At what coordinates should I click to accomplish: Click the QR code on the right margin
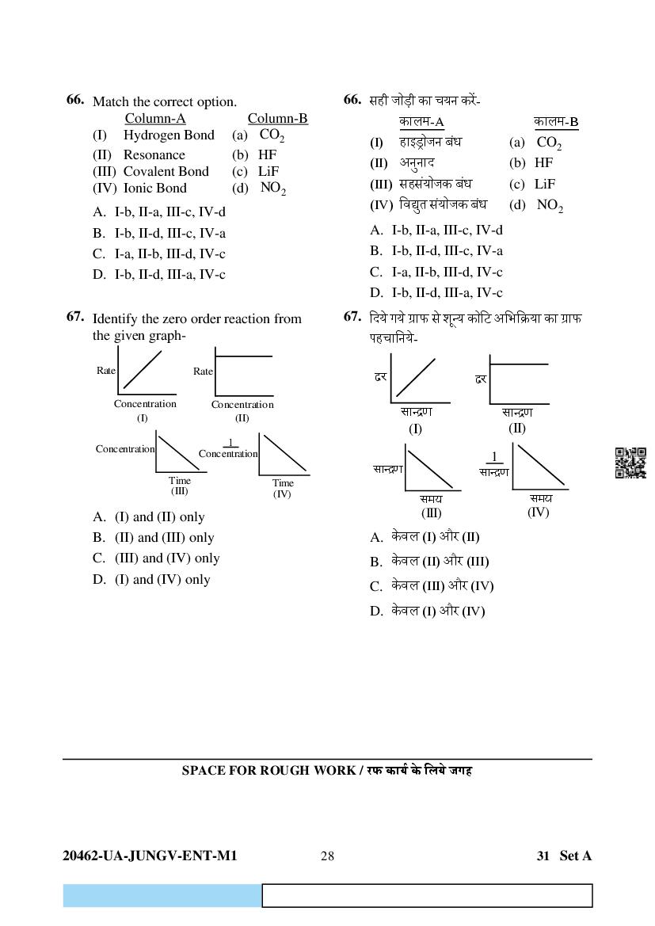(x=630, y=463)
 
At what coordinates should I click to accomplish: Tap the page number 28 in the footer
(x=327, y=856)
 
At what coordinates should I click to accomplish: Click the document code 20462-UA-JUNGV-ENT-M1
(x=150, y=856)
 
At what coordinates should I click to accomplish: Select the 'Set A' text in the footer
(x=575, y=856)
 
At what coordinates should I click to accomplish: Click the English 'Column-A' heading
(x=155, y=119)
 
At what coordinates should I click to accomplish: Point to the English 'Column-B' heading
(x=277, y=119)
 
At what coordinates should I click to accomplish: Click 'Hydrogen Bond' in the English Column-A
(x=169, y=135)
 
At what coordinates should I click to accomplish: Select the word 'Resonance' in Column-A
(x=154, y=155)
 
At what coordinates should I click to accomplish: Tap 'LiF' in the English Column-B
(x=268, y=171)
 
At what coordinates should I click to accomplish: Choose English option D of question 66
(x=158, y=275)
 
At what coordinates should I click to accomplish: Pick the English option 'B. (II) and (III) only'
(x=153, y=538)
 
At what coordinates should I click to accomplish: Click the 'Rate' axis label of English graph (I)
(x=105, y=371)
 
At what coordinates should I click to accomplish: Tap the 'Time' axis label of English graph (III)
(x=180, y=480)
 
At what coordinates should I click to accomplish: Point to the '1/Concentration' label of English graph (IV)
(x=228, y=449)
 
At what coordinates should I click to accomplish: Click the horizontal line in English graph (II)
(x=244, y=356)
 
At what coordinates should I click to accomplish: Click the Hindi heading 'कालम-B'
(x=556, y=122)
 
